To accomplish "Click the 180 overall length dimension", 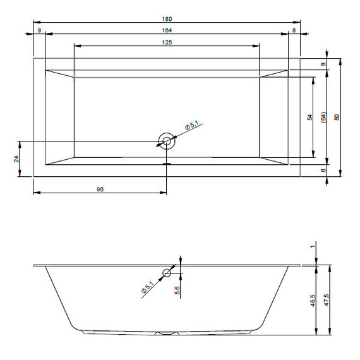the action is coord(167,19).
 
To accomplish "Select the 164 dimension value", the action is coord(167,30).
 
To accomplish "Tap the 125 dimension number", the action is coord(167,42).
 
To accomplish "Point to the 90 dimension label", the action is coord(100,189).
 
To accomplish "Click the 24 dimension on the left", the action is coord(16,159).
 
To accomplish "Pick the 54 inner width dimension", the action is coord(310,117).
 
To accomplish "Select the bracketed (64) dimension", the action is coord(323,117).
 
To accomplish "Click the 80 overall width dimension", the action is coord(337,117).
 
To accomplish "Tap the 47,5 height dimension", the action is coord(327,300).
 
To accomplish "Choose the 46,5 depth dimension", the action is coord(313,301).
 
